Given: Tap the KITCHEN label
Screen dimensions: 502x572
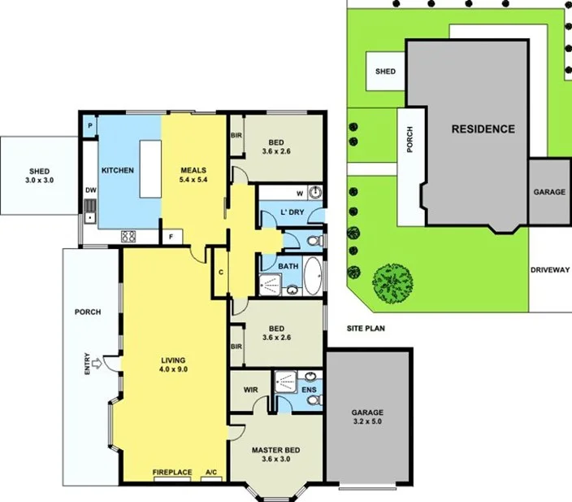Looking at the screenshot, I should click(x=117, y=170).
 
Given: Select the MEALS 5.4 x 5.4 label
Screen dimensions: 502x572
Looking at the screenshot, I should click(x=193, y=174).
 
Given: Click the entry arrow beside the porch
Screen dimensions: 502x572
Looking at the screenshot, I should click(x=97, y=363).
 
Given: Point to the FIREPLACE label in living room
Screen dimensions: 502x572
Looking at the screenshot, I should click(x=172, y=472).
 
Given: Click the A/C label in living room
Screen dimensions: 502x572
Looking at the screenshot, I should click(x=211, y=472).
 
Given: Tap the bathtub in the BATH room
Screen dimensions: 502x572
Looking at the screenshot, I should click(x=313, y=276).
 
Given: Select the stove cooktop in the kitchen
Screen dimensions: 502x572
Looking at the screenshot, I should click(x=128, y=238).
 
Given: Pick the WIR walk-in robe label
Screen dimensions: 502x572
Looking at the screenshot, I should click(x=250, y=389).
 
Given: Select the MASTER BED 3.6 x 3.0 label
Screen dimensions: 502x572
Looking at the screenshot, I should click(x=276, y=454).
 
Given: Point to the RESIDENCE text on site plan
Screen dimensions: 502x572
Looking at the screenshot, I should click(x=483, y=129).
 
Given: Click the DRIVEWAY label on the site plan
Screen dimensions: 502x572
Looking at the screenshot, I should click(x=550, y=270).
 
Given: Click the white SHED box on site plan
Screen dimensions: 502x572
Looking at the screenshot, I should click(x=385, y=71).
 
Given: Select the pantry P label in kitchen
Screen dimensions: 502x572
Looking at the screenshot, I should click(x=89, y=126).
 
